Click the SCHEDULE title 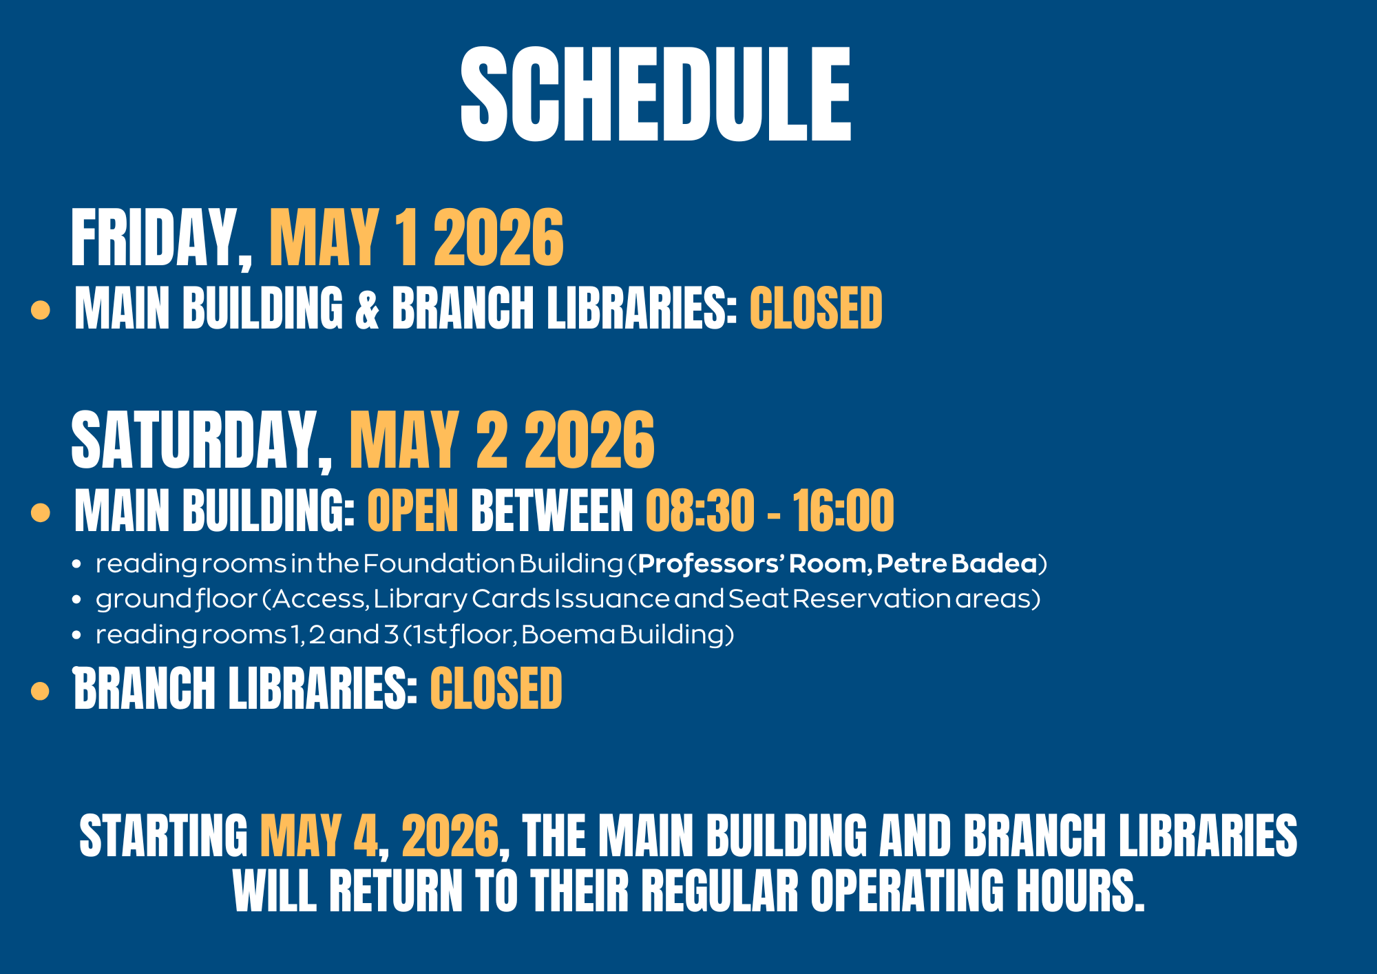coord(656,94)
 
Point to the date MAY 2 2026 coord(502,440)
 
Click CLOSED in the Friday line coord(816,308)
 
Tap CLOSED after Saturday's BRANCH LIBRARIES coord(496,688)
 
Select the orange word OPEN coord(413,510)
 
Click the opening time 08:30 coord(700,510)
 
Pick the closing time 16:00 coord(843,510)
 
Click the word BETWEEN coord(551,510)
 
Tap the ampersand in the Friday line coord(368,309)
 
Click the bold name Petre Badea coord(956,563)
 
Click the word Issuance coord(612,599)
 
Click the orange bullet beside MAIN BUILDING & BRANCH coord(41,310)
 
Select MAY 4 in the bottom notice coord(319,836)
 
